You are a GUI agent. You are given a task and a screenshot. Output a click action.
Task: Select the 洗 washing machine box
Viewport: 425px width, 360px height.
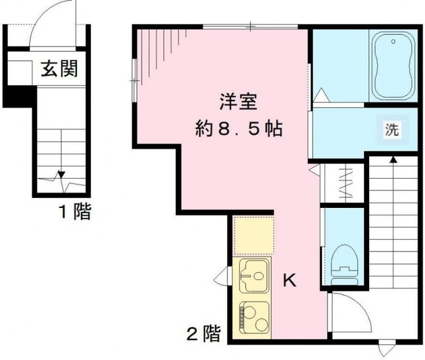click(392, 130)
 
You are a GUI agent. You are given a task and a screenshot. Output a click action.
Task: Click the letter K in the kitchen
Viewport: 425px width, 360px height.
click(290, 281)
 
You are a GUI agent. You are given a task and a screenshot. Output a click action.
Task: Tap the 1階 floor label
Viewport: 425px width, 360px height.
click(72, 213)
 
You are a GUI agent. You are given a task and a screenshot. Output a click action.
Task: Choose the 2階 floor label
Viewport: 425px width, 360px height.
click(203, 334)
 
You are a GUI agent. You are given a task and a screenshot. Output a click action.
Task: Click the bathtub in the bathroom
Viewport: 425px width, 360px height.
click(394, 65)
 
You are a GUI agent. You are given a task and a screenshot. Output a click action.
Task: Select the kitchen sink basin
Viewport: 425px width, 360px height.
click(255, 272)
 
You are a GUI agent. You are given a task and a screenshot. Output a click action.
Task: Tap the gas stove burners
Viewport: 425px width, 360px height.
click(254, 317)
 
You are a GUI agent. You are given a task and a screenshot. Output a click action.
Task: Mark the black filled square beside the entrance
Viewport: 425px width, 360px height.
click(18, 97)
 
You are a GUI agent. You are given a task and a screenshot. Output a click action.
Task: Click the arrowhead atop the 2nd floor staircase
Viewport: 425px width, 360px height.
click(393, 159)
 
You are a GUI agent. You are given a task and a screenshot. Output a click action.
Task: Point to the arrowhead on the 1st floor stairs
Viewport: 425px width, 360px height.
click(61, 175)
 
